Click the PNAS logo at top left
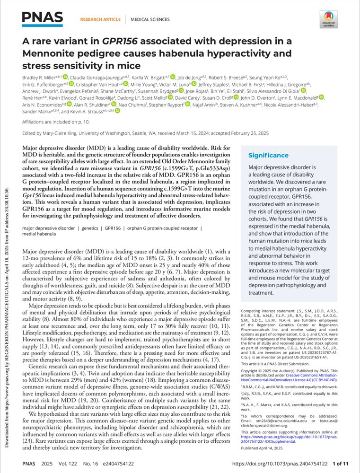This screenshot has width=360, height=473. pyautogui.click(x=43, y=19)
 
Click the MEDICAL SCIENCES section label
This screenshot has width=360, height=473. pyautogui.click(x=150, y=19)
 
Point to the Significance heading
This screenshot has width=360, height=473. pyautogui.click(x=268, y=155)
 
